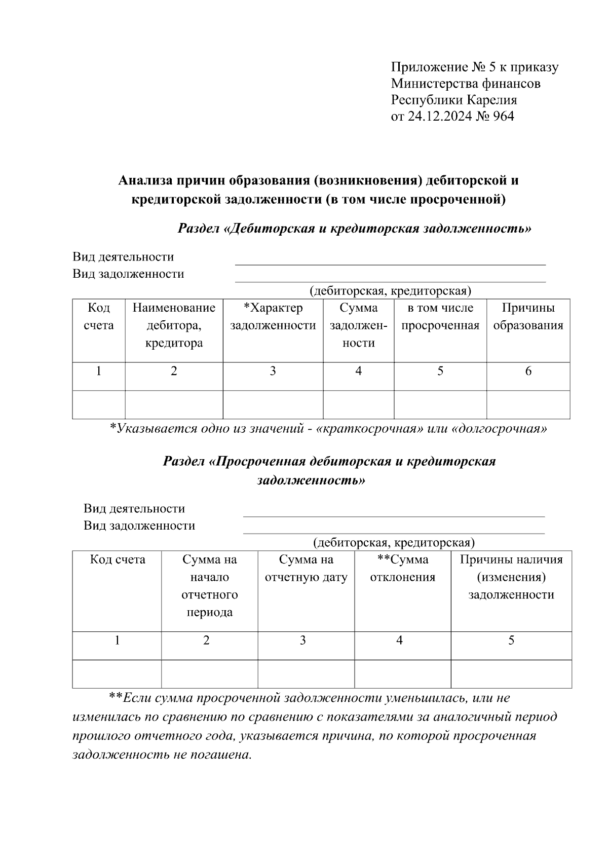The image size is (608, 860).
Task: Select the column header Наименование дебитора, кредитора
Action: point(174,325)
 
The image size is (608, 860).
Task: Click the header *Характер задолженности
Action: point(273,317)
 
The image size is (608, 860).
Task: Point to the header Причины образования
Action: point(528,317)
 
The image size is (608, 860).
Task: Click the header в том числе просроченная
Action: point(440,317)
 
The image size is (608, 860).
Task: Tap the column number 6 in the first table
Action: point(528,371)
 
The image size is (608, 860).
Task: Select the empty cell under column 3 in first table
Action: point(273,404)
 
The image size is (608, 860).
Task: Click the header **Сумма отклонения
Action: point(403,569)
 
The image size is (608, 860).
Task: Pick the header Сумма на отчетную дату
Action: point(306,569)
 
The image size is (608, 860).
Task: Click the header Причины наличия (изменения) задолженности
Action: point(511,577)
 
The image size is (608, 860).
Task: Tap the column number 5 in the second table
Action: point(511,641)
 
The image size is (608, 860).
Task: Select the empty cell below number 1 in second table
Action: point(117,674)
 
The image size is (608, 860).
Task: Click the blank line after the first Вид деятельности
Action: point(390,262)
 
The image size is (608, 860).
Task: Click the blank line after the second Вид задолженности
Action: point(394,531)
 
